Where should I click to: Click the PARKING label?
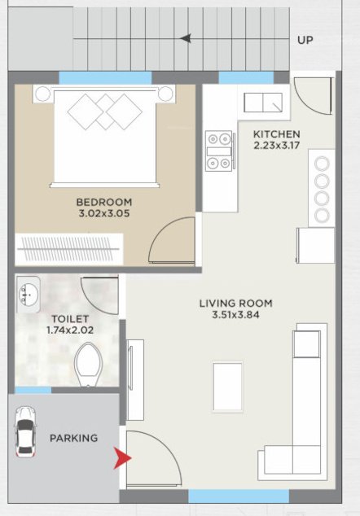73,438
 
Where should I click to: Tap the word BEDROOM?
104,202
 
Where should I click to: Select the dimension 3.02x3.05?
104,214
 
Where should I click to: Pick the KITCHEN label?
276,134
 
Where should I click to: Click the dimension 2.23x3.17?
276,146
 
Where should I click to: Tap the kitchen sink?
261,103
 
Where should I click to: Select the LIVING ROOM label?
236,304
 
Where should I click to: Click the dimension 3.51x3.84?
236,316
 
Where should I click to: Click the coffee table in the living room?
227,387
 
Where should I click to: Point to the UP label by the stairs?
305,39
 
